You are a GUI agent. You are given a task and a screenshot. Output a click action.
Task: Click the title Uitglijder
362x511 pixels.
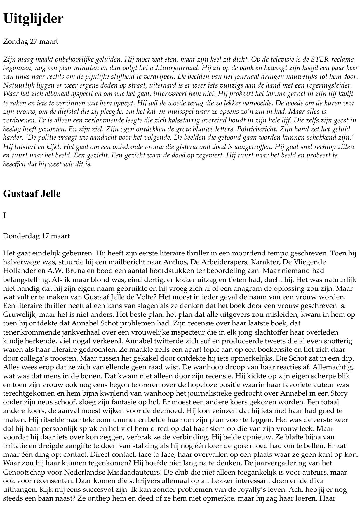click(x=33, y=19)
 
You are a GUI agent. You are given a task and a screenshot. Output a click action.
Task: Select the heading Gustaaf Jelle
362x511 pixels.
click(x=32, y=194)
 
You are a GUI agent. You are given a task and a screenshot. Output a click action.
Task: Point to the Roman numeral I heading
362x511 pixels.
click(x=4, y=216)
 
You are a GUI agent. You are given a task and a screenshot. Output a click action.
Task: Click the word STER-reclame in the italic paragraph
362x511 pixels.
click(x=332, y=59)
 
